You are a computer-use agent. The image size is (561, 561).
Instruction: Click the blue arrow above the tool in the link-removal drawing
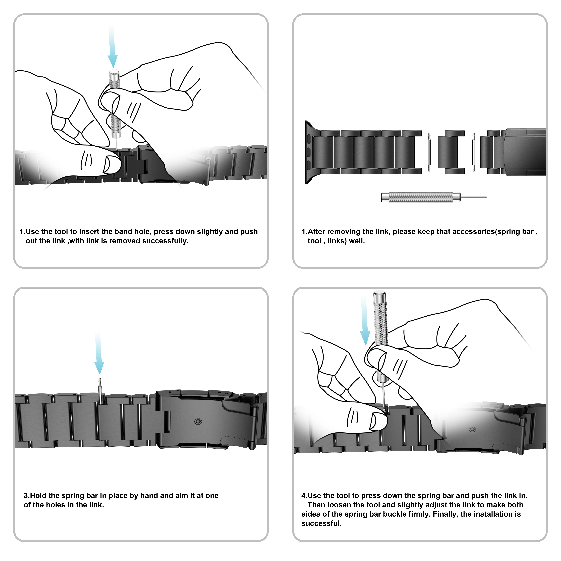112,49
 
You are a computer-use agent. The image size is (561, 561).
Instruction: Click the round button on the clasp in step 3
198,421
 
